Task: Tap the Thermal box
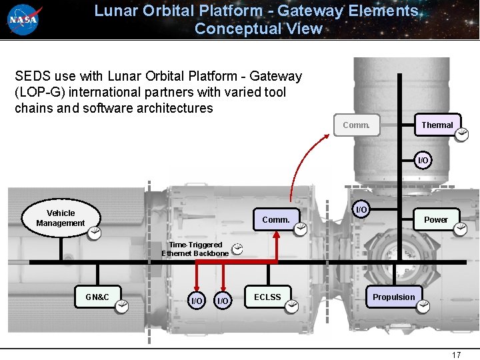[437, 125]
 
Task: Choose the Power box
[436, 219]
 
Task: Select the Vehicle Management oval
[61, 218]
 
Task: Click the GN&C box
[97, 297]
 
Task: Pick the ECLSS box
[267, 297]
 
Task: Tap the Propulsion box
[393, 297]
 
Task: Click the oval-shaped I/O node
[361, 210]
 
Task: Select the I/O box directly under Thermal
[423, 160]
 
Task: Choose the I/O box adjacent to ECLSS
[223, 301]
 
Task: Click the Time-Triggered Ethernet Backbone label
[195, 249]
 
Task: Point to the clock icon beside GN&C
[122, 306]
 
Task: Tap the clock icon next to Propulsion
[423, 306]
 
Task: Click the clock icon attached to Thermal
[461, 135]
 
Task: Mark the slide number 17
[456, 355]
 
